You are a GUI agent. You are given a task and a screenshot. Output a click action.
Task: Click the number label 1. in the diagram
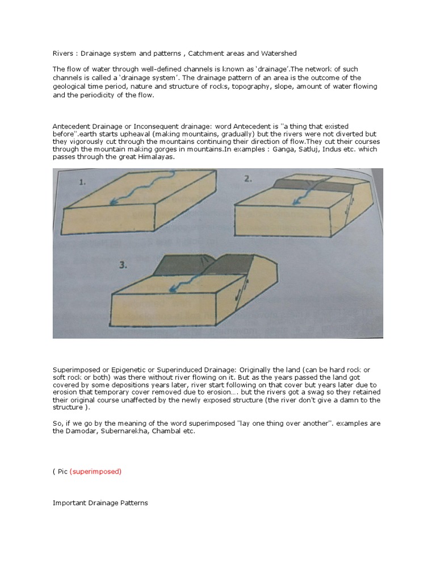pos(84,182)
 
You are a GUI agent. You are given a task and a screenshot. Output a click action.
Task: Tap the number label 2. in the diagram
pos(248,178)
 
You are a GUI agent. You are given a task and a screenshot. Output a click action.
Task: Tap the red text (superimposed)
pos(95,472)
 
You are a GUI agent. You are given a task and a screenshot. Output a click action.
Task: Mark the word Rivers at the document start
pos(63,53)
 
